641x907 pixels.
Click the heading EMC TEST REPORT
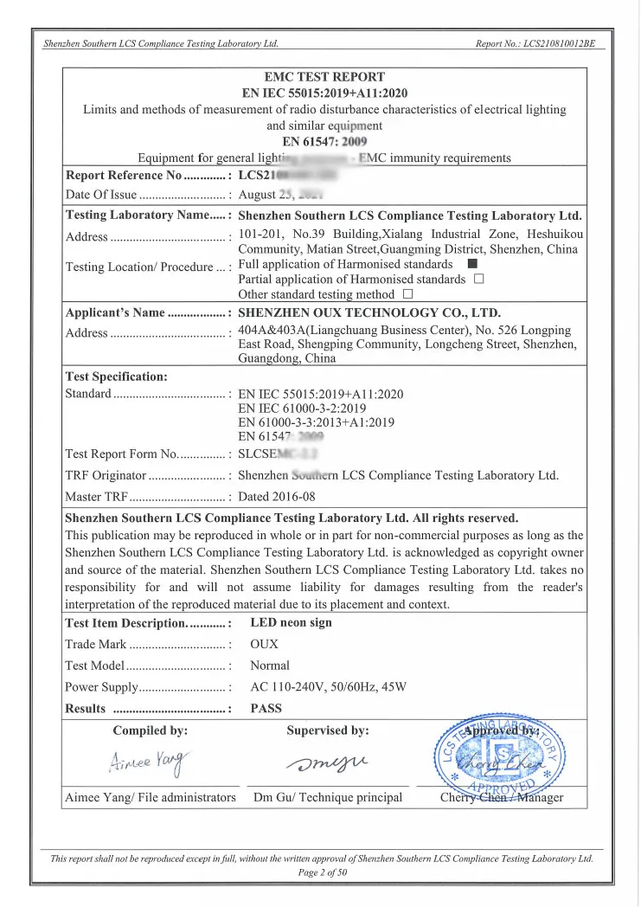pyautogui.click(x=324, y=77)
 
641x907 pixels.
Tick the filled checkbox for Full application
pyautogui.click(x=471, y=264)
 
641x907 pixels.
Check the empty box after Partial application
pyautogui.click(x=478, y=280)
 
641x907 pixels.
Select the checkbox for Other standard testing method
pyautogui.click(x=407, y=294)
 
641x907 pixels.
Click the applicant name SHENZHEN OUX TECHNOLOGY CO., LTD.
pyautogui.click(x=369, y=313)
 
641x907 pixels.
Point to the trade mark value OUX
pyautogui.click(x=265, y=644)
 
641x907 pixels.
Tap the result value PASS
pyautogui.click(x=266, y=709)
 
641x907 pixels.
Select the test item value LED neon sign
pyautogui.click(x=291, y=622)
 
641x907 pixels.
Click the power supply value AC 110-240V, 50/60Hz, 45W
pyautogui.click(x=328, y=687)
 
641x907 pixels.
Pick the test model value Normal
pyautogui.click(x=270, y=666)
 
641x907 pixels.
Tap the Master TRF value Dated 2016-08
pyautogui.click(x=277, y=497)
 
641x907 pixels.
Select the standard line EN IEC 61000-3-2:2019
pyautogui.click(x=302, y=408)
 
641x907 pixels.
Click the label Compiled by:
pyautogui.click(x=151, y=730)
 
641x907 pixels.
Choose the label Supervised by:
pyautogui.click(x=328, y=730)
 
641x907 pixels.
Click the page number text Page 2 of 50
pyautogui.click(x=322, y=872)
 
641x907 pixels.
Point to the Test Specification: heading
pyautogui.click(x=117, y=376)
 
